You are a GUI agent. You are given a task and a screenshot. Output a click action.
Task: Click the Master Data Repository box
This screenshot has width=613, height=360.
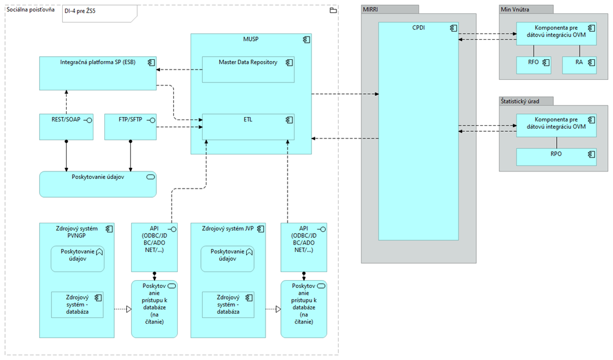coord(248,70)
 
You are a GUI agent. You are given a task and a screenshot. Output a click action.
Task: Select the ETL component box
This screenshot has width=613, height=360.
coord(248,127)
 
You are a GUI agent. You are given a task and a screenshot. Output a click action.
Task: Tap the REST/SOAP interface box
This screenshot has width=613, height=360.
coord(66,126)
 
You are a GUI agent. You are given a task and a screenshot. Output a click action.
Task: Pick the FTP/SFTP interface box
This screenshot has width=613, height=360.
coord(130,126)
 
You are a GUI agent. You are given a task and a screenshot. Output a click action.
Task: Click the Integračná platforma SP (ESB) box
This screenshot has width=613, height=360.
coord(97,73)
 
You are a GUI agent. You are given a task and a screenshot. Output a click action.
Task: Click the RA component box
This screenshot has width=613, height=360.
coord(579,65)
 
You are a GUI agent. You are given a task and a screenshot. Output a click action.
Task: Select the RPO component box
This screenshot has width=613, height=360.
coord(556,157)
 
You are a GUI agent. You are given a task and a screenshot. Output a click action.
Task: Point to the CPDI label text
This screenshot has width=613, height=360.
coord(418,27)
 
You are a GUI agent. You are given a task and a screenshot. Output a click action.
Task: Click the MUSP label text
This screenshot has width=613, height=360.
coord(251,38)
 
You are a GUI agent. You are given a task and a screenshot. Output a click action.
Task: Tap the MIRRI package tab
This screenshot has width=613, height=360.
coord(389,9)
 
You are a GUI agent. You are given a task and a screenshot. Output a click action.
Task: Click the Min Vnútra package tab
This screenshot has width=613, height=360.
coord(526,9)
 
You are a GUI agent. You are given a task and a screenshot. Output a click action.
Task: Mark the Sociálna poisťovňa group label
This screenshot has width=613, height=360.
coord(31,10)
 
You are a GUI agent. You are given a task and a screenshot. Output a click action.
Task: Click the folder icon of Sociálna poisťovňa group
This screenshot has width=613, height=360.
coord(333,10)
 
